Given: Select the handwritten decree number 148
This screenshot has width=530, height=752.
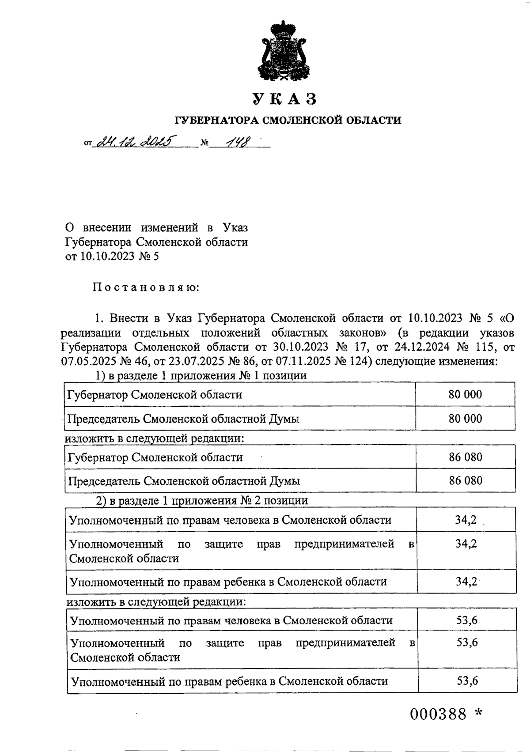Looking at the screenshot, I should click(237, 142).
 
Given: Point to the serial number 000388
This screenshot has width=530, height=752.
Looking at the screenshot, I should click(438, 714).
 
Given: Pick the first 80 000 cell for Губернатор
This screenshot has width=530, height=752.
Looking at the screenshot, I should click(465, 394).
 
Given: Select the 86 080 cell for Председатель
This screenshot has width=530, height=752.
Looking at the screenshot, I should click(466, 480).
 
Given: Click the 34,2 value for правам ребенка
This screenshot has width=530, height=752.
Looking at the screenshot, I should click(466, 582).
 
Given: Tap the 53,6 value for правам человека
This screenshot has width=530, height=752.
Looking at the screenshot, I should click(467, 620).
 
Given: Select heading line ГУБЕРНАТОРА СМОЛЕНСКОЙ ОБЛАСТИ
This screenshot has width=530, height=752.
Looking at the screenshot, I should click(288, 120).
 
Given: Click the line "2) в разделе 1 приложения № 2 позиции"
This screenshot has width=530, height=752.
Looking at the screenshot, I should click(202, 501).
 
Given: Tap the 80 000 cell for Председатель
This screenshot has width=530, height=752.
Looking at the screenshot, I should click(465, 418).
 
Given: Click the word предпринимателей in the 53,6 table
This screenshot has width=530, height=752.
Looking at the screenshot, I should click(345, 643).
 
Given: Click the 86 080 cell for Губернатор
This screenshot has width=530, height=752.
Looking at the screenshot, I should click(466, 457).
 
